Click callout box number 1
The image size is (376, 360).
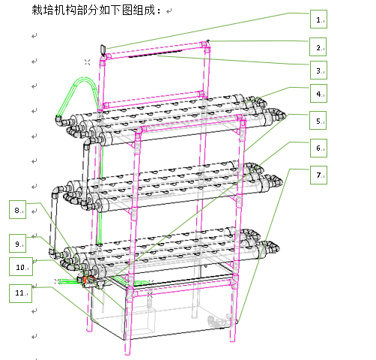click(x=318, y=19)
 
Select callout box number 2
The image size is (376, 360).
click(x=318, y=47)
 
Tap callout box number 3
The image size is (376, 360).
click(x=318, y=70)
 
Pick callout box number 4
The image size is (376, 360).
click(x=318, y=94)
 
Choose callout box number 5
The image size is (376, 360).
click(x=318, y=121)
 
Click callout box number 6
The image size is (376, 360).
click(x=318, y=148)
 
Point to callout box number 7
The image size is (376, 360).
click(x=318, y=175)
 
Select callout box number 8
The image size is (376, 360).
click(x=17, y=210)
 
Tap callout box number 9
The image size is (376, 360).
click(x=17, y=244)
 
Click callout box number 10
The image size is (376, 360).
click(x=21, y=267)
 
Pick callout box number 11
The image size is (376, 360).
click(x=20, y=293)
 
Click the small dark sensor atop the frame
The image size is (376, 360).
click(x=103, y=50)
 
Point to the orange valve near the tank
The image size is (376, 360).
click(x=85, y=280)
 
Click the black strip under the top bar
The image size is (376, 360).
click(x=155, y=53)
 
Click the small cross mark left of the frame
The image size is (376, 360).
click(x=87, y=62)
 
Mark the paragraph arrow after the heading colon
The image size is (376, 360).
click(x=169, y=11)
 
